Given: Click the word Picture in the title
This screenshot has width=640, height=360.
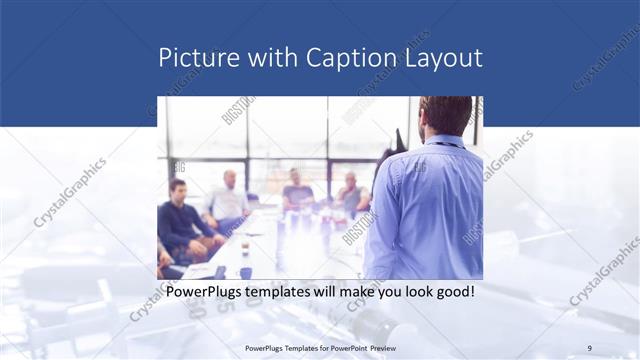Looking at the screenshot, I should point(197,57).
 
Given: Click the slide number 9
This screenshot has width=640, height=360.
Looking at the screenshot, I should point(590,347).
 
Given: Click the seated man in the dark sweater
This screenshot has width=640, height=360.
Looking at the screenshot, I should point(182,220).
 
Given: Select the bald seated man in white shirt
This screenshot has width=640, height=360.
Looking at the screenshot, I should point(229,200).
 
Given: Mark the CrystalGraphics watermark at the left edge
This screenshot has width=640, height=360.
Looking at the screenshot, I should point(70,190).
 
